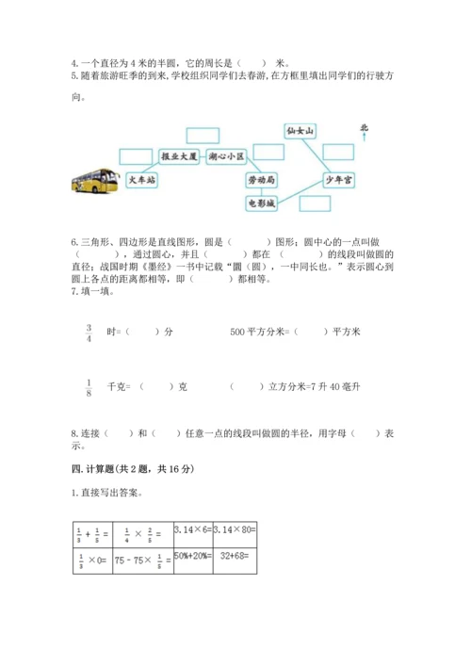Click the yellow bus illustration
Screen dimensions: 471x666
(94, 183)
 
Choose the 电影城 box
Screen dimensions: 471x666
(259, 202)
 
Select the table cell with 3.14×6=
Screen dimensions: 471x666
(193, 534)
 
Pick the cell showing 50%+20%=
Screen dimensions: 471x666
(193, 560)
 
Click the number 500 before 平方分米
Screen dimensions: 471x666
(237, 332)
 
